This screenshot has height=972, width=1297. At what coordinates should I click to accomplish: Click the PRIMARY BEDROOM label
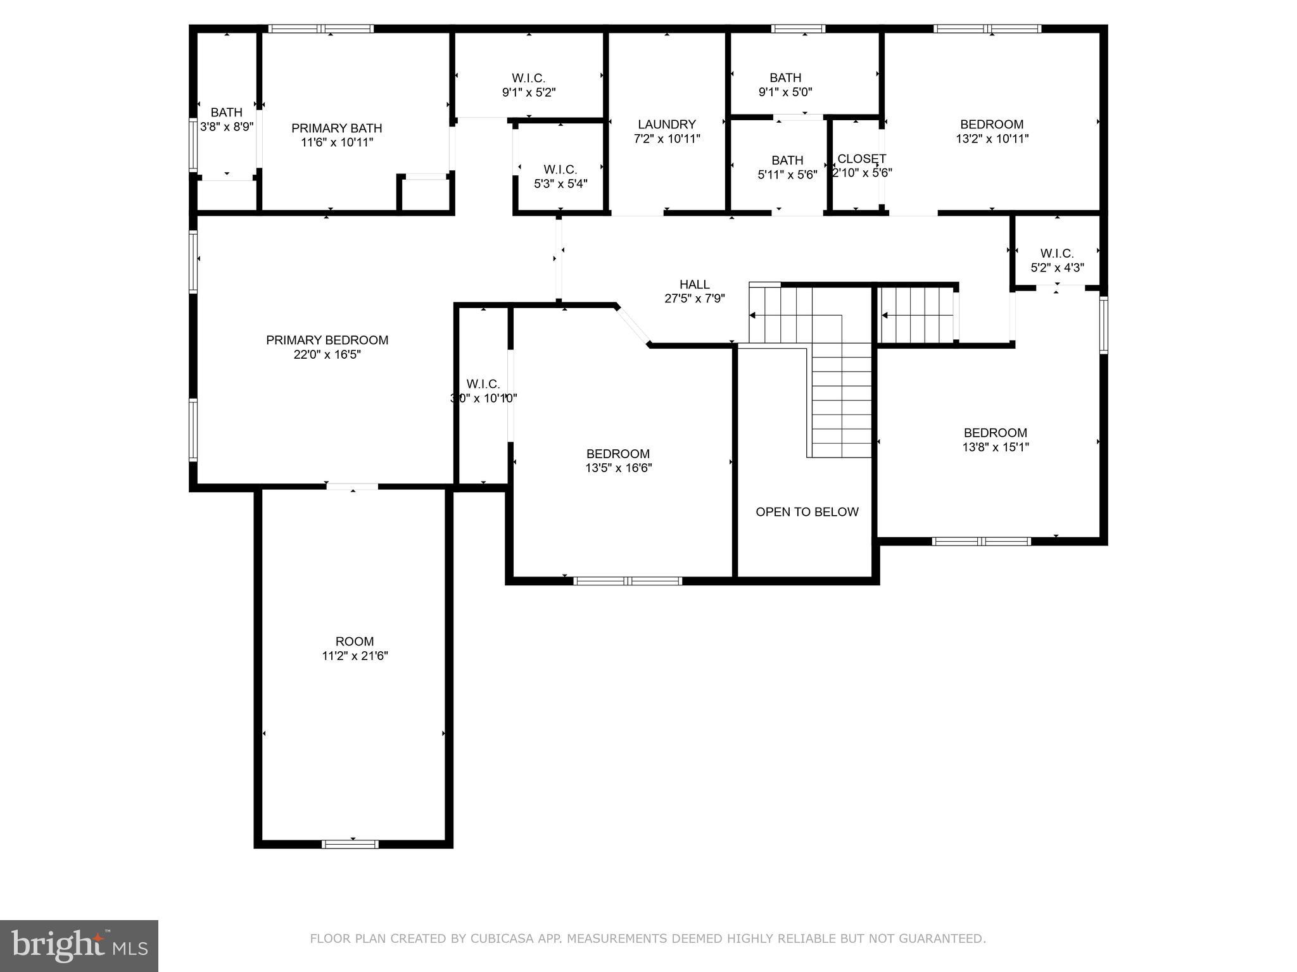click(327, 340)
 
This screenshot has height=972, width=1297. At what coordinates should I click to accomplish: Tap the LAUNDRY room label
click(666, 125)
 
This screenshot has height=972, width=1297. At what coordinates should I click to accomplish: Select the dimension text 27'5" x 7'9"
click(694, 299)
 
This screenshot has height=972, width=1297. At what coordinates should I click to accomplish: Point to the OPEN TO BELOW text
click(807, 512)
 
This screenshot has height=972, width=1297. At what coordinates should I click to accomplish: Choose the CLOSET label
click(861, 159)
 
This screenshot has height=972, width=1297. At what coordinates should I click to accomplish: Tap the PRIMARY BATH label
click(336, 128)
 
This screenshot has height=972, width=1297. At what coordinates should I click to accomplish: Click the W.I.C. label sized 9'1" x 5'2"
click(528, 78)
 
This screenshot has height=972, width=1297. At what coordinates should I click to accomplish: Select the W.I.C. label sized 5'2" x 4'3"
click(1056, 254)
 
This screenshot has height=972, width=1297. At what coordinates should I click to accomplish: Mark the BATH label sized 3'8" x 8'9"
click(226, 113)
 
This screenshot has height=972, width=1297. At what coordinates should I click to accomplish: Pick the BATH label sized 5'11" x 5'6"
click(787, 161)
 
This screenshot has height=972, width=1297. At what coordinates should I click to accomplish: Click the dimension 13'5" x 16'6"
click(618, 468)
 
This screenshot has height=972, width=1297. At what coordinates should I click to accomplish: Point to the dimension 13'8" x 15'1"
click(995, 447)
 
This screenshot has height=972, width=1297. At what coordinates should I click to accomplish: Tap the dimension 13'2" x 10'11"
click(992, 139)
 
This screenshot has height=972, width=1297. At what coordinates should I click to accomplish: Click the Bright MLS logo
click(79, 945)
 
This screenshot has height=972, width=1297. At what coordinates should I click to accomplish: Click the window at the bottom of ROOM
click(350, 844)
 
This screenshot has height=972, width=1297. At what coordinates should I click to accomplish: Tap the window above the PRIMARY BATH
click(320, 28)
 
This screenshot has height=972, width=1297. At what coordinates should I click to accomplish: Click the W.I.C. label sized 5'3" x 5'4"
click(560, 170)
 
